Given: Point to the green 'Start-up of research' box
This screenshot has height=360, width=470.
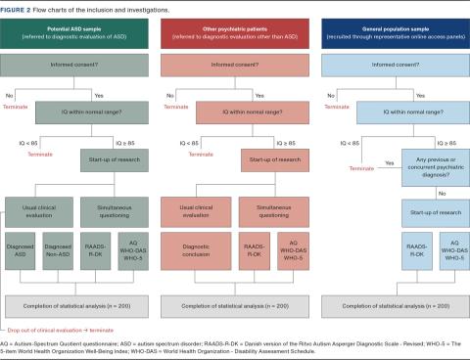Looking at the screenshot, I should click(x=116, y=158).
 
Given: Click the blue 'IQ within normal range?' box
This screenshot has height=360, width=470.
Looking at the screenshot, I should click(x=390, y=115).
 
